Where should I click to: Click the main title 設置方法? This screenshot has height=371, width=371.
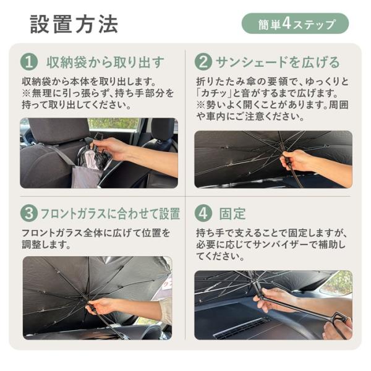[74, 24]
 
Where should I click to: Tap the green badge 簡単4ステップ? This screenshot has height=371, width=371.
[295, 23]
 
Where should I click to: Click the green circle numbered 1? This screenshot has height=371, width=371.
[29, 62]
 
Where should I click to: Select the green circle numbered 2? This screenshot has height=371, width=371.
[203, 62]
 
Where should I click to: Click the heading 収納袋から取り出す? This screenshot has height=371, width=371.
[105, 62]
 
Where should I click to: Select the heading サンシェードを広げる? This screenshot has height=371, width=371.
[278, 62]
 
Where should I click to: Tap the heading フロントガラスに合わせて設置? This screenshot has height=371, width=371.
[111, 213]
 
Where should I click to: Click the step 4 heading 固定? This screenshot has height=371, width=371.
[232, 213]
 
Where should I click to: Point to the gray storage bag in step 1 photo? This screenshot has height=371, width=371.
[87, 176]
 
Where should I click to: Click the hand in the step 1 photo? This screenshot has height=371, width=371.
[111, 149]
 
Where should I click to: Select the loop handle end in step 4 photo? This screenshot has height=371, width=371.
[340, 318]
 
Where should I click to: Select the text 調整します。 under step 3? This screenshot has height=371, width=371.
[46, 245]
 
